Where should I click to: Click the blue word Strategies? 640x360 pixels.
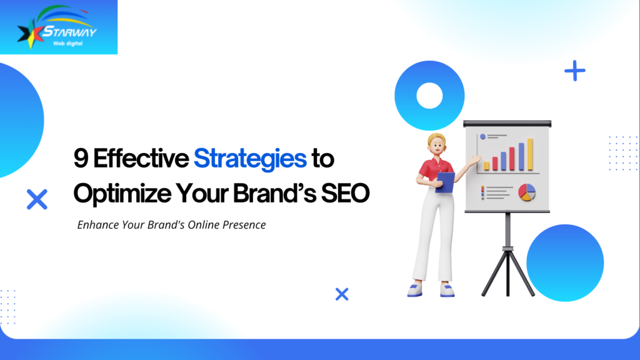(250, 159)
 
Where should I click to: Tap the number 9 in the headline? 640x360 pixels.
(81, 158)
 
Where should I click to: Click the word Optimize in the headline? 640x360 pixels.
(122, 194)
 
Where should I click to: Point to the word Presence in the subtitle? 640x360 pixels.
(244, 225)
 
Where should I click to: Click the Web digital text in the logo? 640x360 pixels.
(67, 43)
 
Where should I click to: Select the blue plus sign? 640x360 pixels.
(575, 71)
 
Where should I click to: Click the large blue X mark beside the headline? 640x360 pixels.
(37, 199)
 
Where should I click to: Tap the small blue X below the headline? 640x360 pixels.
(342, 294)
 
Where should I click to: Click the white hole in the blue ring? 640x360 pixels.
(429, 96)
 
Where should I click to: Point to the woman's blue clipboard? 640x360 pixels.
(446, 182)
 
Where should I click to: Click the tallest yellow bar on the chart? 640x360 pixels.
(530, 154)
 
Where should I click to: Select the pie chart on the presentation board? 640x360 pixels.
(526, 192)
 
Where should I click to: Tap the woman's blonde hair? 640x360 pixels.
(435, 139)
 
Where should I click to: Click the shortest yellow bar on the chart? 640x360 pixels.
(486, 166)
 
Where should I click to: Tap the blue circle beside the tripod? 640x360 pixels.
(565, 263)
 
